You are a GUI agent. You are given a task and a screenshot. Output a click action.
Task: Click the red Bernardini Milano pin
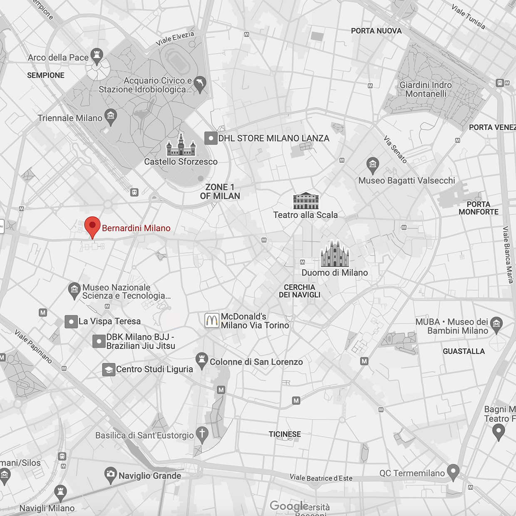click(92, 226)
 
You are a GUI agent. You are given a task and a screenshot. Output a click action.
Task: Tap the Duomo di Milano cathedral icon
click(335, 254)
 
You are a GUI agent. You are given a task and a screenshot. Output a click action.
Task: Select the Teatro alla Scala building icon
click(306, 201)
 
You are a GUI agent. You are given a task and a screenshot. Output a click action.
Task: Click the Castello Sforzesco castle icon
click(181, 145)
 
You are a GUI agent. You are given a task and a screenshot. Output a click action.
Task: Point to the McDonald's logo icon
click(212, 320)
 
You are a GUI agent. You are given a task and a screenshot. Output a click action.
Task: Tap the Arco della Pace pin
click(97, 56)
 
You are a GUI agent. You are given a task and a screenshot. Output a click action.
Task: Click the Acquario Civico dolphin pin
click(200, 83)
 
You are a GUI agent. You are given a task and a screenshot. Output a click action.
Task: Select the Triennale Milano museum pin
click(111, 116)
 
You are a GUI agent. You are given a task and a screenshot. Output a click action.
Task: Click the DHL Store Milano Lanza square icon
click(211, 138)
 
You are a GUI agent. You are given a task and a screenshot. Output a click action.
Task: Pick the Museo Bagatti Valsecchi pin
click(373, 165)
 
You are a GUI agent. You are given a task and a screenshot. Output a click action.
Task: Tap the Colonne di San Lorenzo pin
click(201, 360)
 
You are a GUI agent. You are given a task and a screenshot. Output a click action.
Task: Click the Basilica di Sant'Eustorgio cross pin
click(202, 434)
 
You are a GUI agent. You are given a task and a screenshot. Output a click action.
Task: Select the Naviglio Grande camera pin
click(110, 474)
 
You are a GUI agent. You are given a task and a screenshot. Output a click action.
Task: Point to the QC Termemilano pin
click(453, 472)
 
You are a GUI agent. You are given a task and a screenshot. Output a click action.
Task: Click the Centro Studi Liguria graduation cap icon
click(109, 370)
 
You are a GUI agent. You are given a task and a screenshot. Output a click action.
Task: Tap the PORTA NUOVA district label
click(376, 31)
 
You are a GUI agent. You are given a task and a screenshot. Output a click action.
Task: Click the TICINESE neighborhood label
click(285, 434)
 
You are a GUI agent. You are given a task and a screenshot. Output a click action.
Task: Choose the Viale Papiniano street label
click(33, 346)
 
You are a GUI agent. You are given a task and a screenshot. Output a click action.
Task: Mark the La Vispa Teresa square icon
click(71, 322)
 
